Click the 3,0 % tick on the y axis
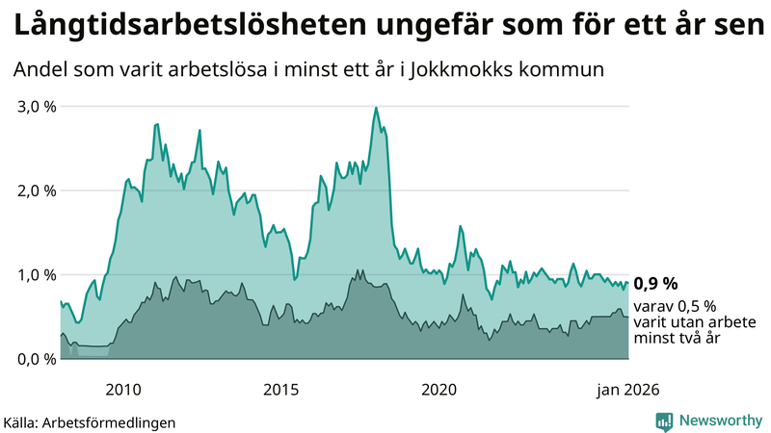36,106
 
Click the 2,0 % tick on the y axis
36,191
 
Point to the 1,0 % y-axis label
36,274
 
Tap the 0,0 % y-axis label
36,359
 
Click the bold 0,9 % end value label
655,283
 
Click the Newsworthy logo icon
664,420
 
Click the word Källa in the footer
24,422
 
